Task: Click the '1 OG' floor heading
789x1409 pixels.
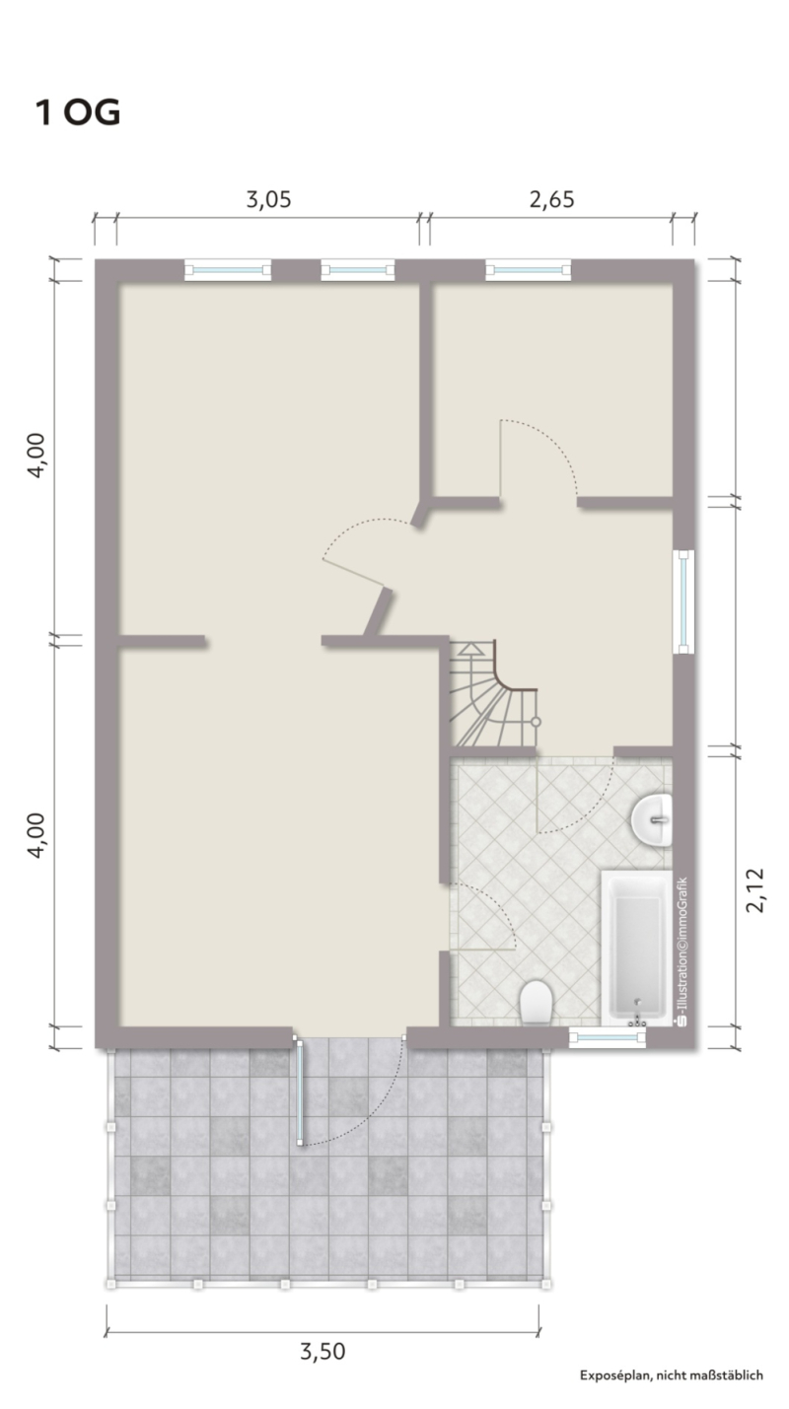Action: pos(77,113)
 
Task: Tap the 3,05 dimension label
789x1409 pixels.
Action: pos(268,199)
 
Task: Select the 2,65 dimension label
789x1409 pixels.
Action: pos(551,199)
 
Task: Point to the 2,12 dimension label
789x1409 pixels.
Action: pos(754,889)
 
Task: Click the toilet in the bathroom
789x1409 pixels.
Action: pos(537,1001)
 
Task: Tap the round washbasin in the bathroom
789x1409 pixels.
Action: pos(652,819)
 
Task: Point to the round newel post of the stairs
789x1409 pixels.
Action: pos(536,722)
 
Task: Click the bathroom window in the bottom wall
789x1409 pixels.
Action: pos(608,1037)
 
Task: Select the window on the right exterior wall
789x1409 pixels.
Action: pos(683,601)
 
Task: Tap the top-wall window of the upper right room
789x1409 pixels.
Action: pos(528,270)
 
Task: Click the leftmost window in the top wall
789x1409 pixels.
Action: pos(228,270)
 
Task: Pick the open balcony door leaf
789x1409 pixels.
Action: pos(300,1092)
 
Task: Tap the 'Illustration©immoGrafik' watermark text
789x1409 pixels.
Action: pos(682,951)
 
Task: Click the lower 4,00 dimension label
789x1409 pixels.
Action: pos(36,835)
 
